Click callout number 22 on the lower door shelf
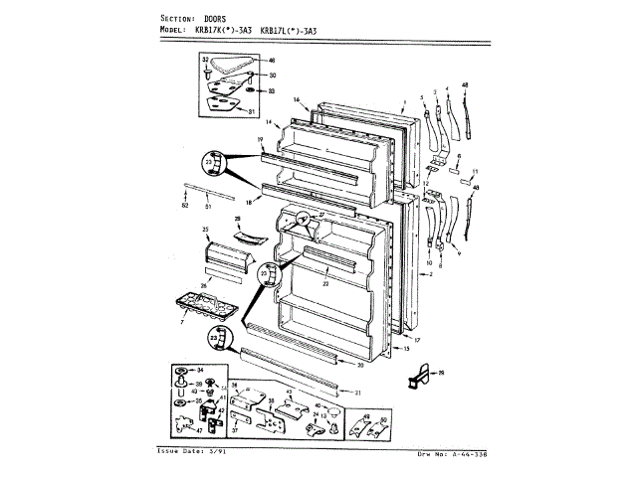[x=324, y=284]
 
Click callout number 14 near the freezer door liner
[x=268, y=121]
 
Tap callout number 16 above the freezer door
[x=297, y=100]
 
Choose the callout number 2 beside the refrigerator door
[x=430, y=272]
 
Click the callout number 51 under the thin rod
[x=207, y=206]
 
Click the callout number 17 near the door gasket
[x=417, y=340]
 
